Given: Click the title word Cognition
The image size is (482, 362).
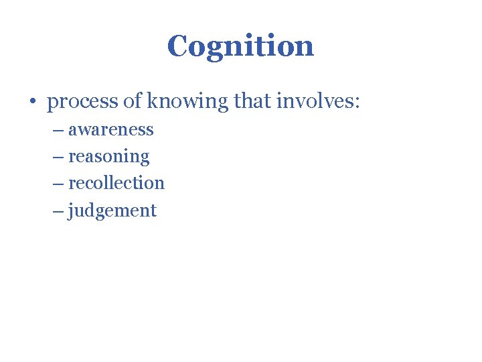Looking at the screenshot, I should [240, 46].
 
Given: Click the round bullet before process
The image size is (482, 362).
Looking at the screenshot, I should [32, 103].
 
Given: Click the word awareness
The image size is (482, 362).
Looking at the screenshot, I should [111, 129].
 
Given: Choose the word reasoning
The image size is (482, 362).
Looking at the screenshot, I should [109, 158].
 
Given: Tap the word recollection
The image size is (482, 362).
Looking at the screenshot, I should [116, 183].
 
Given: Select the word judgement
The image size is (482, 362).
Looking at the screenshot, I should [112, 211].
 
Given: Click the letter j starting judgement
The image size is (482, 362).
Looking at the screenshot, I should [71, 211].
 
